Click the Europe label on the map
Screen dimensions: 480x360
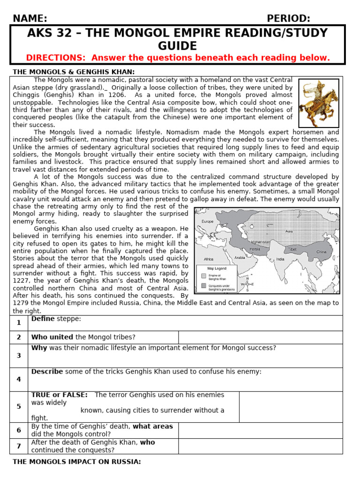tap(207, 221)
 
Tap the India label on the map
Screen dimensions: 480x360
tap(280, 259)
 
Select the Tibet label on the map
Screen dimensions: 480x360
tap(293, 249)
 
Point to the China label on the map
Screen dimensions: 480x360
tap(321, 252)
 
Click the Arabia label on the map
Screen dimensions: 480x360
tap(240, 257)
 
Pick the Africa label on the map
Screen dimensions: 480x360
tap(209, 259)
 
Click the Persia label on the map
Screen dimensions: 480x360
tap(255, 249)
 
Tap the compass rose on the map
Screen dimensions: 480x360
tap(247, 284)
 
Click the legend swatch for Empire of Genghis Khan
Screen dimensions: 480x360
tap(203, 276)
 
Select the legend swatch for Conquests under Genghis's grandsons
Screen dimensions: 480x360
tap(203, 285)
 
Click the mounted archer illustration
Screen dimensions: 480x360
tap(319, 103)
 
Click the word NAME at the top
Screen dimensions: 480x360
tap(30, 18)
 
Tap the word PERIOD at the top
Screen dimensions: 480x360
tap(288, 18)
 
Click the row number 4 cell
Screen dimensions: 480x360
tap(19, 379)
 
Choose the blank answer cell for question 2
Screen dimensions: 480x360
tap(260, 337)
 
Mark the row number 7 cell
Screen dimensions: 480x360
tap(19, 446)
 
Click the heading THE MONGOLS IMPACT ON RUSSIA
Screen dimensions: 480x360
tap(76, 462)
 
